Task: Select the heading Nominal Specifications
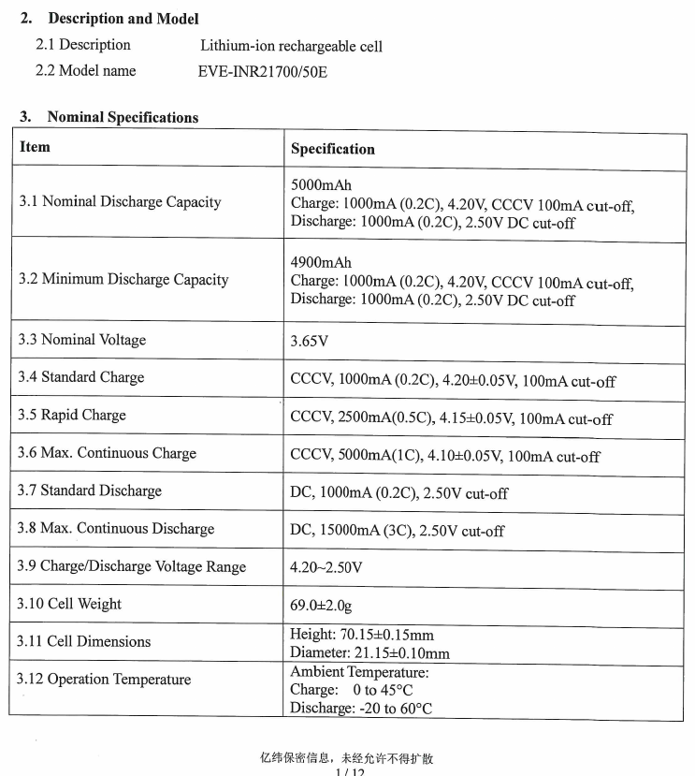[x=123, y=117]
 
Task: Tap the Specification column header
[x=332, y=149]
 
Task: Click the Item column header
[x=35, y=147]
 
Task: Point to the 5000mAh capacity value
[x=321, y=185]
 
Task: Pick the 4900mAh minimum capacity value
[x=321, y=263]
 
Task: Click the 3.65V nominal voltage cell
[x=310, y=341]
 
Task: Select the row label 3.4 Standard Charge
[x=81, y=377]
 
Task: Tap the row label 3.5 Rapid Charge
[x=72, y=415]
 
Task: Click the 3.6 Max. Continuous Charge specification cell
[x=444, y=456]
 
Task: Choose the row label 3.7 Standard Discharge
[x=90, y=490]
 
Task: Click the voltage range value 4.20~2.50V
[x=326, y=567]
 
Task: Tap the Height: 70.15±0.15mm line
[x=362, y=636]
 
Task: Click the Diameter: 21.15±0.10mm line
[x=369, y=652]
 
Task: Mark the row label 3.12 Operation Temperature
[x=104, y=680]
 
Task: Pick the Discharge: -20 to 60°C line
[x=361, y=708]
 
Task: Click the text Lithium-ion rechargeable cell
[x=291, y=46]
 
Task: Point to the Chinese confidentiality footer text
[x=347, y=758]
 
